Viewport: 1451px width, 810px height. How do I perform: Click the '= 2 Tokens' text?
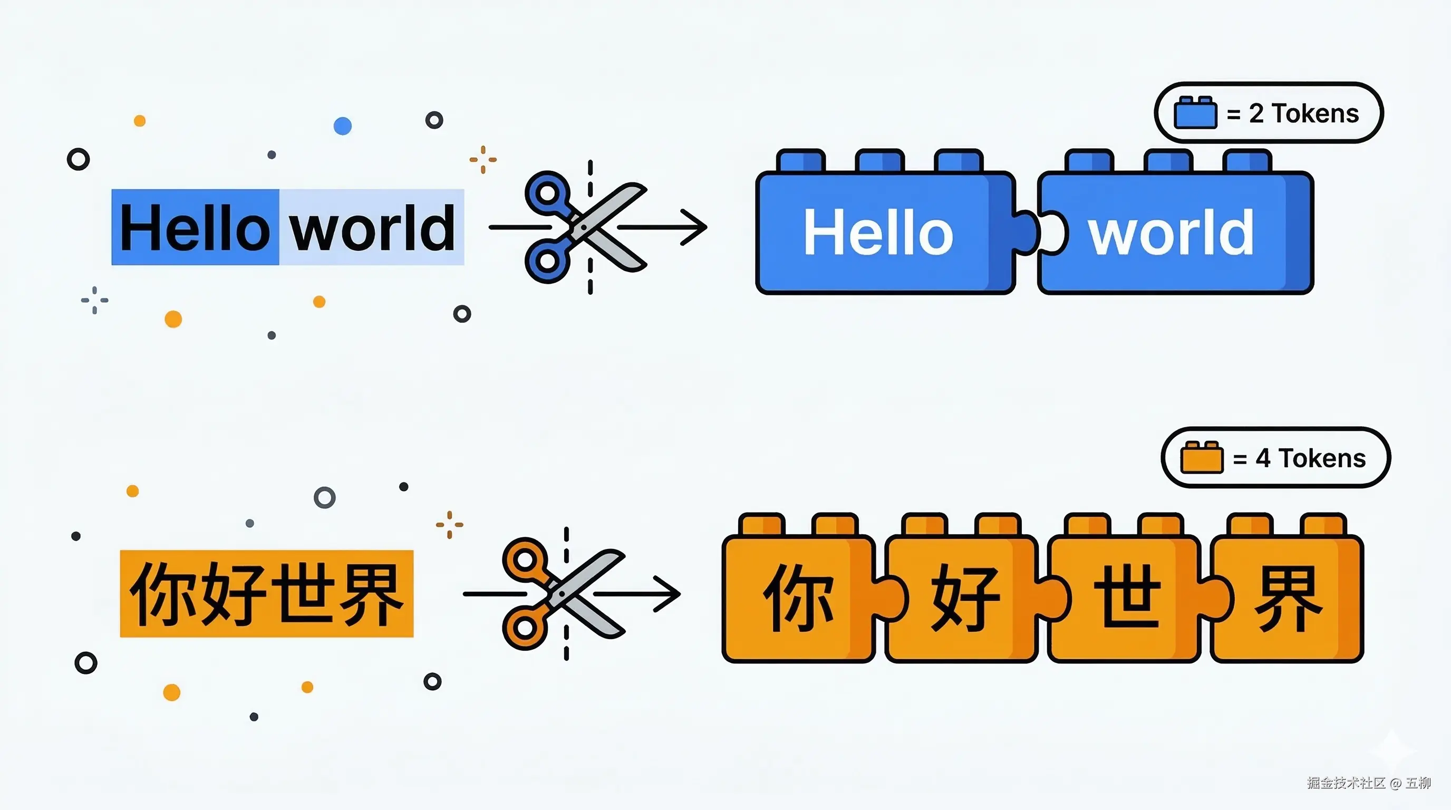coord(1293,113)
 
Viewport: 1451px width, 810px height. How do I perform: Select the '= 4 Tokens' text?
coord(1300,458)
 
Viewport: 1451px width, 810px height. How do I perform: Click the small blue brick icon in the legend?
coord(1195,113)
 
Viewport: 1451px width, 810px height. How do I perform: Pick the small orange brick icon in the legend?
coord(1202,457)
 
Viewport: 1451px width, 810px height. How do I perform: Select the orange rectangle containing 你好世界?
coord(266,594)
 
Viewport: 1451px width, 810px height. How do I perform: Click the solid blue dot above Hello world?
coord(343,126)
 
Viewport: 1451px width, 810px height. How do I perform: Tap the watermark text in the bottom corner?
coord(1369,783)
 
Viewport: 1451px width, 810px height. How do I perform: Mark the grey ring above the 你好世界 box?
coord(324,497)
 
